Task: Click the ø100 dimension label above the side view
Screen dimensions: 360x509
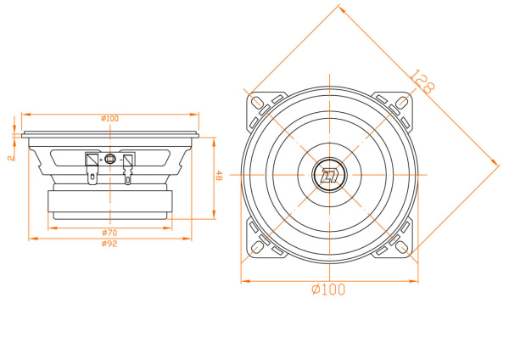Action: tap(109, 118)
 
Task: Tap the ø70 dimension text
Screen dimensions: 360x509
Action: tap(109, 232)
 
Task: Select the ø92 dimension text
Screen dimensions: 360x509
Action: tap(109, 244)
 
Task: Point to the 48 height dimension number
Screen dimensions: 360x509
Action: tap(218, 177)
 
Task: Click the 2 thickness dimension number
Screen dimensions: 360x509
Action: tap(9, 158)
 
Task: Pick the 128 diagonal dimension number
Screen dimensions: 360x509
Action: tap(422, 82)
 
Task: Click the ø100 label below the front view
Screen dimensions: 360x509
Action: tap(328, 290)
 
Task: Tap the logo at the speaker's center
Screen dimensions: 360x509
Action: tap(328, 176)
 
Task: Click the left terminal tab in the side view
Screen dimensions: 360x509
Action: tap(92, 166)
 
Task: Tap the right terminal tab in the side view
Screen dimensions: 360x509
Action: tap(128, 166)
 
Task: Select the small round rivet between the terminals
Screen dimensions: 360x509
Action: tap(110, 159)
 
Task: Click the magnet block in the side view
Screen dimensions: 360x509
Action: tap(109, 202)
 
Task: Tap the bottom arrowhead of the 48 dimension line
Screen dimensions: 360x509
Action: tap(211, 218)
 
